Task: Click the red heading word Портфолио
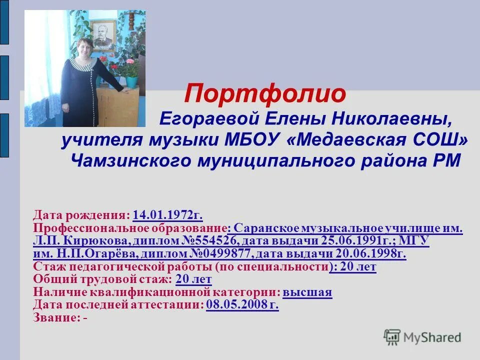click(x=265, y=94)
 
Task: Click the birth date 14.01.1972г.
click(x=167, y=215)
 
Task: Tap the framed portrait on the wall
click(x=104, y=35)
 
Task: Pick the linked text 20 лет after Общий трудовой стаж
click(x=194, y=279)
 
